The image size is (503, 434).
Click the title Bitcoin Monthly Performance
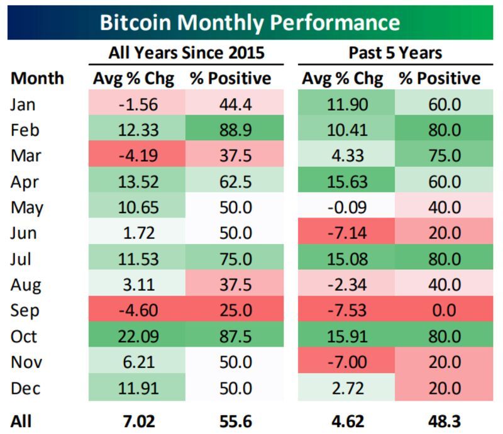(250, 23)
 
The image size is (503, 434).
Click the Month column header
(37, 79)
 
